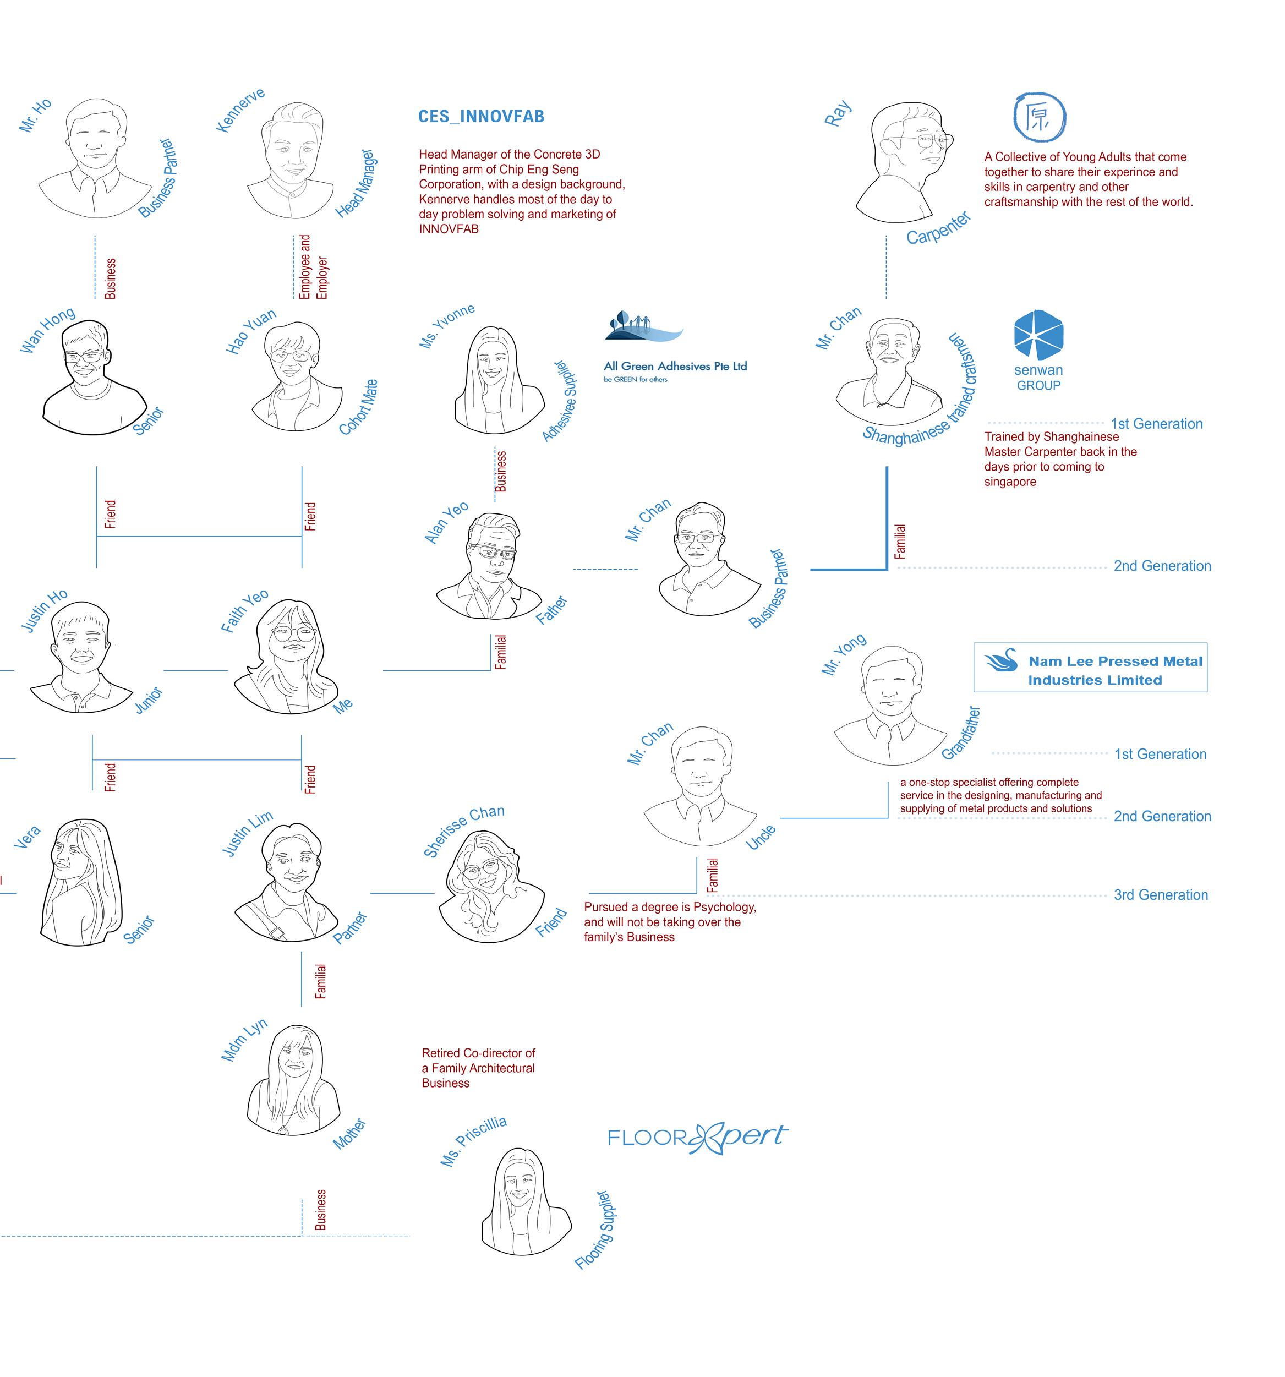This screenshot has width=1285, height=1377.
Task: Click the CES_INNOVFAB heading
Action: [481, 116]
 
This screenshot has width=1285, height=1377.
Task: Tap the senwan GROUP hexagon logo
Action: [1038, 335]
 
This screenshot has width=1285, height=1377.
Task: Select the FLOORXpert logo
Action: [697, 1136]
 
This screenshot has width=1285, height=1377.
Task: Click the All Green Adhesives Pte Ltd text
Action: [675, 367]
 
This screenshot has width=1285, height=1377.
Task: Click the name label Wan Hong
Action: [47, 330]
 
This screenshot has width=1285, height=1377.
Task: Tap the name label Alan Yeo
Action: [446, 522]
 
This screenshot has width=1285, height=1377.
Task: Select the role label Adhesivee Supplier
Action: [560, 400]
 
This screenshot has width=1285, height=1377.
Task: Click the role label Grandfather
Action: [961, 733]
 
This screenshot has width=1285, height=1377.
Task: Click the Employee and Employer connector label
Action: [313, 267]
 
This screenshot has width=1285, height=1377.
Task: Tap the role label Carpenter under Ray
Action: [939, 228]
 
